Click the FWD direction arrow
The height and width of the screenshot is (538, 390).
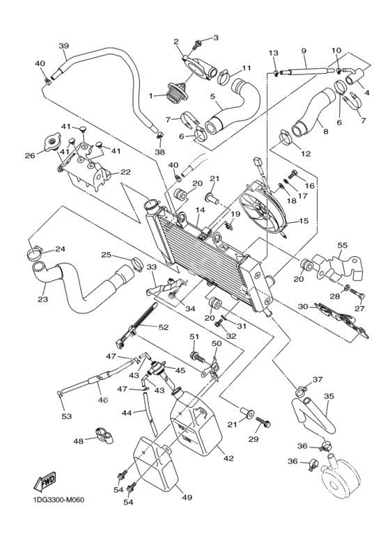coord(45,481)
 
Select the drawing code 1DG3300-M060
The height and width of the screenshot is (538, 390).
coord(56,500)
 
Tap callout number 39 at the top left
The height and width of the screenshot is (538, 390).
coord(64,46)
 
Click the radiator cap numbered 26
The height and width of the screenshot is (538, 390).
coord(52,143)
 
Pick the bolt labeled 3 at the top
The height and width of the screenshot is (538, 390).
coord(197,44)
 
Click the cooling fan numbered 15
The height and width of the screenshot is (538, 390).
coord(264,208)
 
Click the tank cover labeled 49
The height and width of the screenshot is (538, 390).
coord(156,465)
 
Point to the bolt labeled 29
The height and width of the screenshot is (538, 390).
coord(263,422)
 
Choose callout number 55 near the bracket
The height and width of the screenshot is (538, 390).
coord(342,245)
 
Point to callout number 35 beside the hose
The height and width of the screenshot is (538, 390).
coord(329,396)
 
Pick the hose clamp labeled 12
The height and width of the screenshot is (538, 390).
coord(285,136)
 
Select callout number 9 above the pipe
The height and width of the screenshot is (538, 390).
coord(304,50)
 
